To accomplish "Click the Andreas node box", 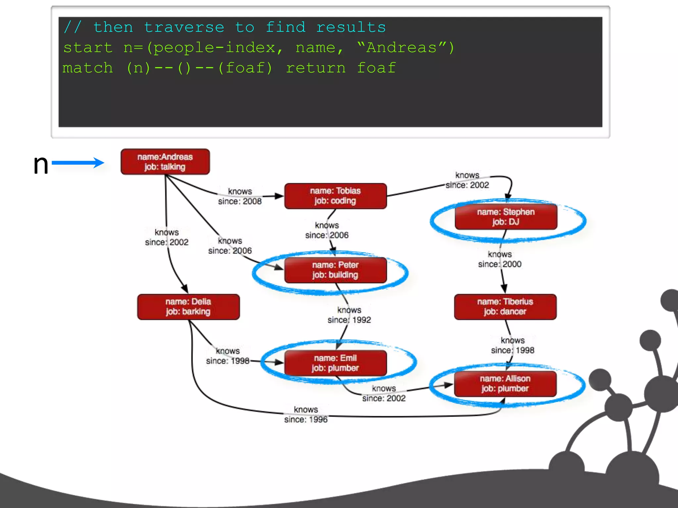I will (165, 162).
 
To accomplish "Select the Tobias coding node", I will (335, 196).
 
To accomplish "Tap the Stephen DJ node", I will (506, 217).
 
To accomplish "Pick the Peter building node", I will (335, 270).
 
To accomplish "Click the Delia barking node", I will (188, 307).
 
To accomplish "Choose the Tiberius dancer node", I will (505, 307).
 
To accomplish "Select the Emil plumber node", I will (335, 363).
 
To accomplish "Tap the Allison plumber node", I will (505, 384).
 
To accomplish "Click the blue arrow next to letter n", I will (78, 162).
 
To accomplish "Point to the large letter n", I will (41, 164).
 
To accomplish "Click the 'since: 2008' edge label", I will (240, 201).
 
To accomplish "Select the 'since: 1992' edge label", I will (349, 320).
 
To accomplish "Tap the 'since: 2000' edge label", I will (500, 264).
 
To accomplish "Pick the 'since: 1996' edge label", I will (306, 419).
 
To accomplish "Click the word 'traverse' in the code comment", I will (184, 27).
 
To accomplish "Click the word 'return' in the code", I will (315, 68).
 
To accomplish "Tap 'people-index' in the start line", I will (215, 48).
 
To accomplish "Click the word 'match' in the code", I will (88, 68).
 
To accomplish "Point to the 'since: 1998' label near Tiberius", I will (512, 350).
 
